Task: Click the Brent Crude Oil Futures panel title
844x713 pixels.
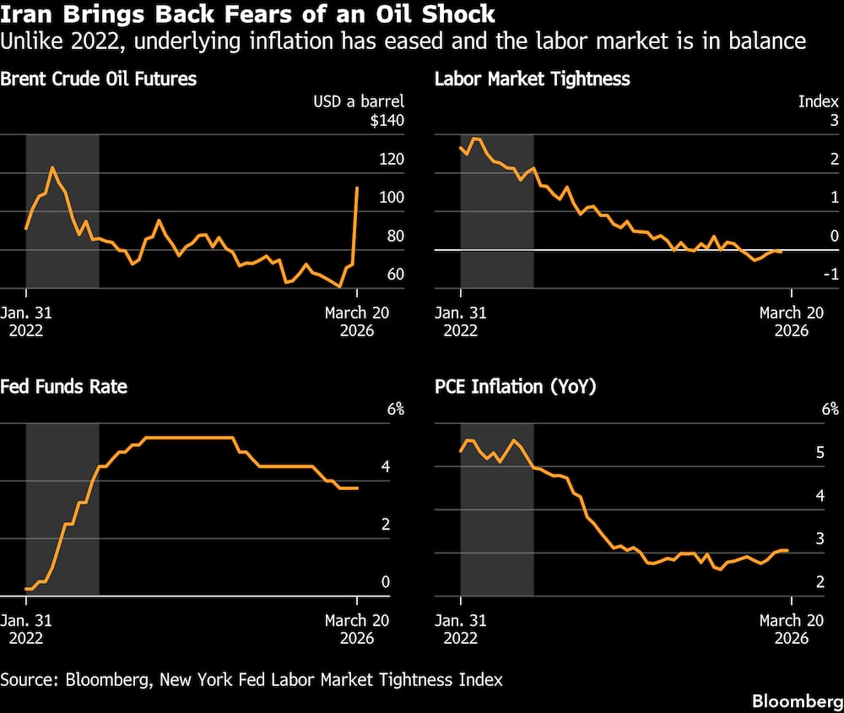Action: (99, 79)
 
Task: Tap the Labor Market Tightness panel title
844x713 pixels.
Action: (532, 79)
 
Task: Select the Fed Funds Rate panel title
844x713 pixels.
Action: (64, 387)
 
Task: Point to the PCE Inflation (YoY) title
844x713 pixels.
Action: (516, 387)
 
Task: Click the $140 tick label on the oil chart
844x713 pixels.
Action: (387, 121)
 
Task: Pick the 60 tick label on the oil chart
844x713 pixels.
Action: (395, 275)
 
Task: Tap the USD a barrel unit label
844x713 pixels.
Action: (359, 101)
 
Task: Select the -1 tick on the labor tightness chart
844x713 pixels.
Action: (829, 275)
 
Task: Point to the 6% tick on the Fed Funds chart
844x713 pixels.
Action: (395, 410)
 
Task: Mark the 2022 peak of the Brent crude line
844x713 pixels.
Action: (52, 167)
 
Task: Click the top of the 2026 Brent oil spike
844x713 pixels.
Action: (357, 188)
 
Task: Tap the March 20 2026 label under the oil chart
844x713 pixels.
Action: (357, 321)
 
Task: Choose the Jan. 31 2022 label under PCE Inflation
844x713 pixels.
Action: (461, 629)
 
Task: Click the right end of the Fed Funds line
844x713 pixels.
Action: (357, 487)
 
